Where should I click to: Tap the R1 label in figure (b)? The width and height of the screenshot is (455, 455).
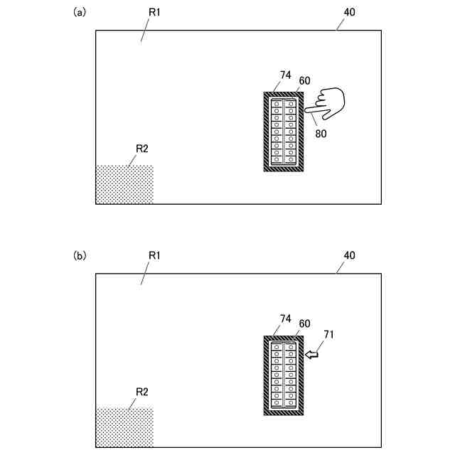pos(153,255)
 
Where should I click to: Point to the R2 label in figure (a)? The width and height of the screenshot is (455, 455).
pos(141,148)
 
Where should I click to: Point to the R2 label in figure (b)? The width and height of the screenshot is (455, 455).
pos(141,391)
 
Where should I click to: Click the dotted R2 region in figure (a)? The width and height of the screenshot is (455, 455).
pos(124,185)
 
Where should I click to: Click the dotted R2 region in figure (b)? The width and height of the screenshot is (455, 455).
pos(124,427)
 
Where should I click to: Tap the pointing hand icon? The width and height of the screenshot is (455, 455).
pos(326,103)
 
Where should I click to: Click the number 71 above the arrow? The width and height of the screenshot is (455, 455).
pos(328,333)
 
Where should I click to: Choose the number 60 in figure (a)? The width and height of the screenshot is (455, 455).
pos(304,80)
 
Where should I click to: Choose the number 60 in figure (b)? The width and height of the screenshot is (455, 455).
pos(304,323)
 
